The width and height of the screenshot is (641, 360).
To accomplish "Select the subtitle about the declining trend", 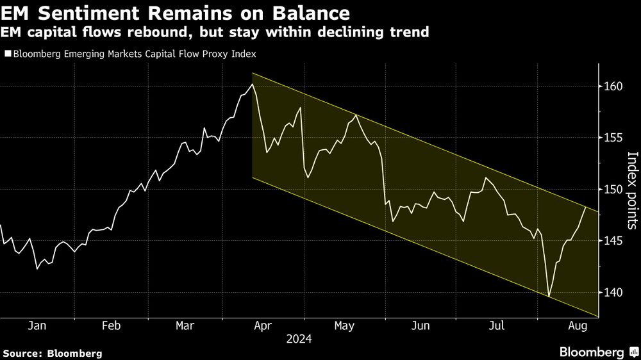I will (x=216, y=31).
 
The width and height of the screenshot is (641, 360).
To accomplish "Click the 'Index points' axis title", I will (x=632, y=190).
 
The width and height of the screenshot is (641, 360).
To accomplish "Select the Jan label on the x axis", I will (x=37, y=325).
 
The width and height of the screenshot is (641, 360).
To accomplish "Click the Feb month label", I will (x=111, y=325).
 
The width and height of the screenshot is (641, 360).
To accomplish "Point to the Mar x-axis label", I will (x=185, y=325).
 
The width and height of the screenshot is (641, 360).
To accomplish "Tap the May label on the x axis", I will (x=344, y=325).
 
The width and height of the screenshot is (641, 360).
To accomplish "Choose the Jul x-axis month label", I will (x=495, y=325).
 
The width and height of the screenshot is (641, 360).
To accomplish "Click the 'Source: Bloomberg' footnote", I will (x=52, y=353).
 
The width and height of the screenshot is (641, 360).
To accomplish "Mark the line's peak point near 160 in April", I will (x=253, y=84).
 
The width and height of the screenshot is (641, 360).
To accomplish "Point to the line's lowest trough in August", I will (x=549, y=297).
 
